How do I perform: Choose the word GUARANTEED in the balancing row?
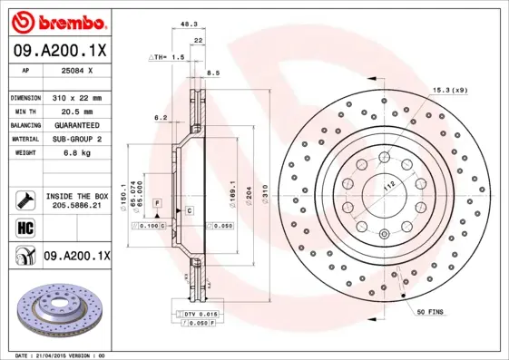click(x=77, y=124)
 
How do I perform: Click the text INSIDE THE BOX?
click(x=77, y=196)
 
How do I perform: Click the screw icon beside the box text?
click(x=24, y=200)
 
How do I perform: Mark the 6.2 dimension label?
click(x=161, y=117)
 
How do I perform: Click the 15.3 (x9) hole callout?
click(x=450, y=90)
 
